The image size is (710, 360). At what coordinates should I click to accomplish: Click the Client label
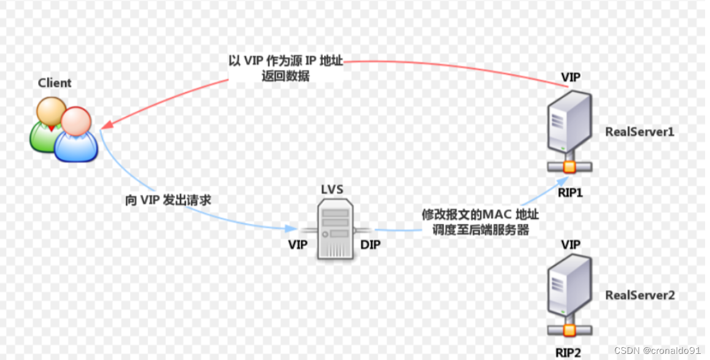(x=55, y=83)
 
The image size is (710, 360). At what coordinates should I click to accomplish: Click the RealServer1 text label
(x=639, y=131)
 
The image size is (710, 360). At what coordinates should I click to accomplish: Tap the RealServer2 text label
(x=639, y=295)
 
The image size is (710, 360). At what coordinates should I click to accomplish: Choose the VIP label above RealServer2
(x=571, y=244)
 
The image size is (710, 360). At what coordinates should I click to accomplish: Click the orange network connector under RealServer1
(x=569, y=167)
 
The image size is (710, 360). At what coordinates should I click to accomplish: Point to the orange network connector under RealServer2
(x=569, y=331)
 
